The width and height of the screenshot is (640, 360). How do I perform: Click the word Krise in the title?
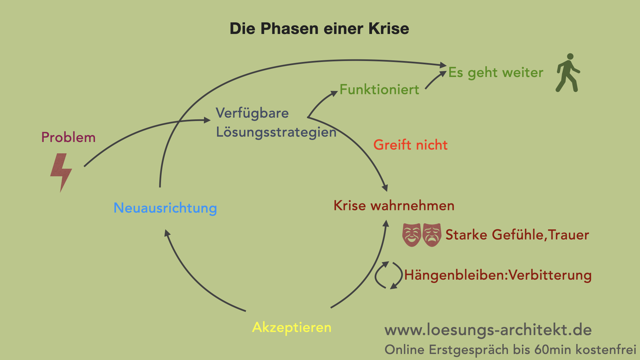pyautogui.click(x=389, y=29)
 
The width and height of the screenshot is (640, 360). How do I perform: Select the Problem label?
pyautogui.click(x=68, y=137)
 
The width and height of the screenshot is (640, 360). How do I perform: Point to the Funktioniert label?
pyautogui.click(x=379, y=90)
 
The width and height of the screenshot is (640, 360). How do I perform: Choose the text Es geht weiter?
pyautogui.click(x=496, y=73)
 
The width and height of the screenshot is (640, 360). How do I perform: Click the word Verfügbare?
pyautogui.click(x=252, y=113)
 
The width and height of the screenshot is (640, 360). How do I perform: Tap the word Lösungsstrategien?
pyautogui.click(x=276, y=132)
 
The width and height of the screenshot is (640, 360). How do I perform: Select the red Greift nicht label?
pyautogui.click(x=410, y=145)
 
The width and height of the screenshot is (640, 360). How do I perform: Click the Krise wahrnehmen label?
pyautogui.click(x=394, y=206)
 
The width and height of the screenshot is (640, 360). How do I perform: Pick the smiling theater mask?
pyautogui.click(x=412, y=235)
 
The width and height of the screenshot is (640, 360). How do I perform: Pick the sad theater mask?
pyautogui.click(x=432, y=235)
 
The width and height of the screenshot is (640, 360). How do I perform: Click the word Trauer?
pyautogui.click(x=569, y=235)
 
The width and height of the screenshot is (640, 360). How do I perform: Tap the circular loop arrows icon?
pyautogui.click(x=388, y=275)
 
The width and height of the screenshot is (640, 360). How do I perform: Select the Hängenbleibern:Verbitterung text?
pyautogui.click(x=498, y=275)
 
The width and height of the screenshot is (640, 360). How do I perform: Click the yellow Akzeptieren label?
pyautogui.click(x=292, y=327)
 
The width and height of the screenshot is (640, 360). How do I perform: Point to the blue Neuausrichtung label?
pyautogui.click(x=165, y=208)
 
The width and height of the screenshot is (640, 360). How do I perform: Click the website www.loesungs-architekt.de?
pyautogui.click(x=488, y=330)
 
